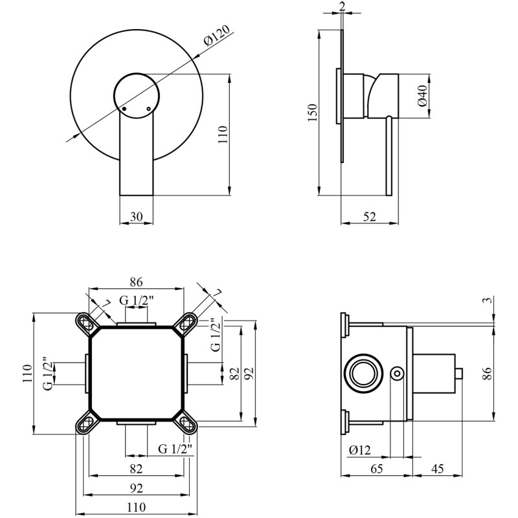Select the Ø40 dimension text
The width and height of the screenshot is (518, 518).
pos(423,96)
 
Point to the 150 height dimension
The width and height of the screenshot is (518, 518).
pos(313,112)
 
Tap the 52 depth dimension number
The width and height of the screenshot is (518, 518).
pos(370,217)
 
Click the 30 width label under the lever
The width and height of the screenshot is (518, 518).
pos(136,217)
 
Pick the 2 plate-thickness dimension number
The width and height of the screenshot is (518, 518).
pos(342,6)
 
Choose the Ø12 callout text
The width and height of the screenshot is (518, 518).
pos(360,449)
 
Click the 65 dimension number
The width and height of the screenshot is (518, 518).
pos(376,468)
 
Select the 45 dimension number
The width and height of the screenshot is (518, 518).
pos(438,468)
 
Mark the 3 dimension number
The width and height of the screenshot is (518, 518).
pos(489,300)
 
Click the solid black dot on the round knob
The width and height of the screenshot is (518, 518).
pos(124,109)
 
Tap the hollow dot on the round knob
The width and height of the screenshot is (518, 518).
pos(149,109)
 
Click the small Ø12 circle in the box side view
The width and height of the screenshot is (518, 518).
pos(397,374)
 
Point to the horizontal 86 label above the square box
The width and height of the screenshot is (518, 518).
pos(136,282)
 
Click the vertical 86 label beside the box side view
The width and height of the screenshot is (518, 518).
pos(488,374)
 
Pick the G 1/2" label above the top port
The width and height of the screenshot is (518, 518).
pos(137,300)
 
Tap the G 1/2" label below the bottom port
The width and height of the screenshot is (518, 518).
pos(175,449)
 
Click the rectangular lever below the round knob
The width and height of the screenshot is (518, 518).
pos(137,155)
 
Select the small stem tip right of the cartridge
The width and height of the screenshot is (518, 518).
pos(459,374)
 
